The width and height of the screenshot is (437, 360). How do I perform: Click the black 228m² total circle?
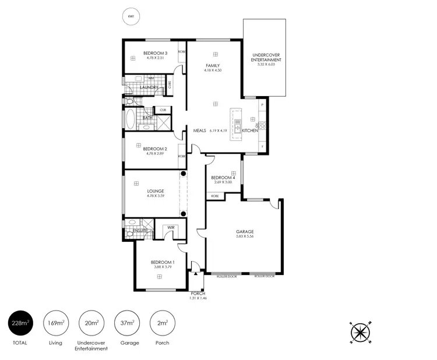[20, 323]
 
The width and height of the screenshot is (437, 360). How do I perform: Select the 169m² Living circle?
[56, 323]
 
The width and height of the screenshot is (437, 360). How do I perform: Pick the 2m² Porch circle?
[162, 323]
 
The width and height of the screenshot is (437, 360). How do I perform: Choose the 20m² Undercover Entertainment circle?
[91, 323]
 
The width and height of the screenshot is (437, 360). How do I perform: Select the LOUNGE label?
[156, 191]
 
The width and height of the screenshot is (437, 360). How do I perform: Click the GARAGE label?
[245, 232]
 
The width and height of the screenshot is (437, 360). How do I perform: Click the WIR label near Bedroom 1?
[172, 227]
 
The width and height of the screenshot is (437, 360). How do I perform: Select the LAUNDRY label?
[149, 88]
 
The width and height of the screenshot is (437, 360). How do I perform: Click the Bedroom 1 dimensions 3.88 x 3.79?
[161, 268]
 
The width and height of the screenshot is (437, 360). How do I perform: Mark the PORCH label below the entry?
[198, 294]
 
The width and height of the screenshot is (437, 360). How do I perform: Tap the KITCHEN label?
[250, 130]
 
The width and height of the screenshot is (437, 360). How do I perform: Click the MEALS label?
[200, 130]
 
